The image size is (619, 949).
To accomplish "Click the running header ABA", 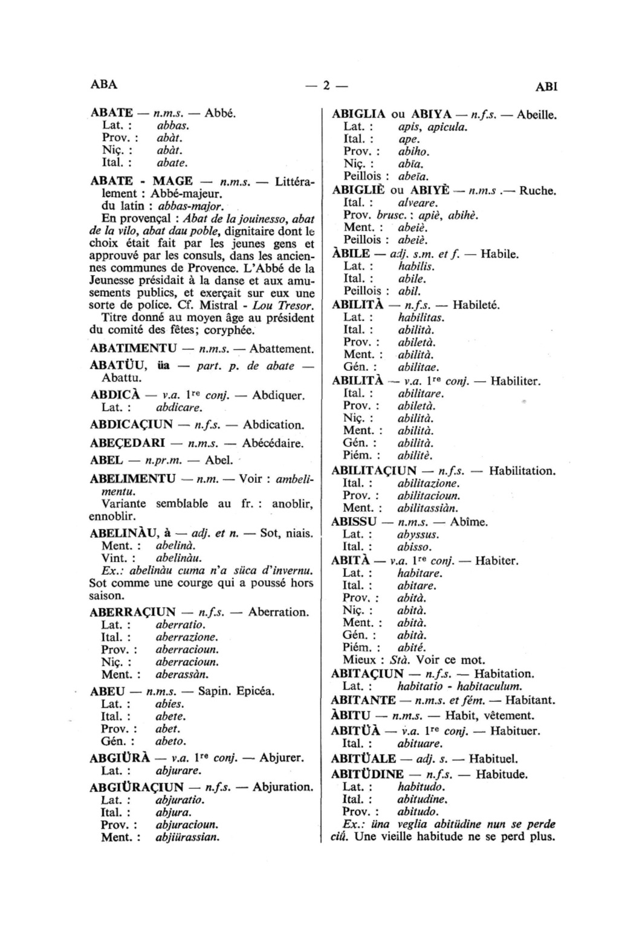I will [103, 84].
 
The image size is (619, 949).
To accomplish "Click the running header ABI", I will [546, 86].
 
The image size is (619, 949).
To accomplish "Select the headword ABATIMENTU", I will [133, 349].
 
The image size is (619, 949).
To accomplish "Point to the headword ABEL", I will [106, 460].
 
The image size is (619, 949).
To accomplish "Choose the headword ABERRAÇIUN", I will [132, 612].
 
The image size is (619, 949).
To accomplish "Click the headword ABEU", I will [107, 691].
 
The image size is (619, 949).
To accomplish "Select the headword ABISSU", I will [354, 521].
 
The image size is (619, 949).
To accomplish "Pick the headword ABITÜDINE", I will [368, 774].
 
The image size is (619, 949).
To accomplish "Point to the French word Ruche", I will [537, 190].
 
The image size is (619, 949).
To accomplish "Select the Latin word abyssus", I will [418, 534].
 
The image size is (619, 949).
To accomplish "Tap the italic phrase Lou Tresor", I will [288, 305].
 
